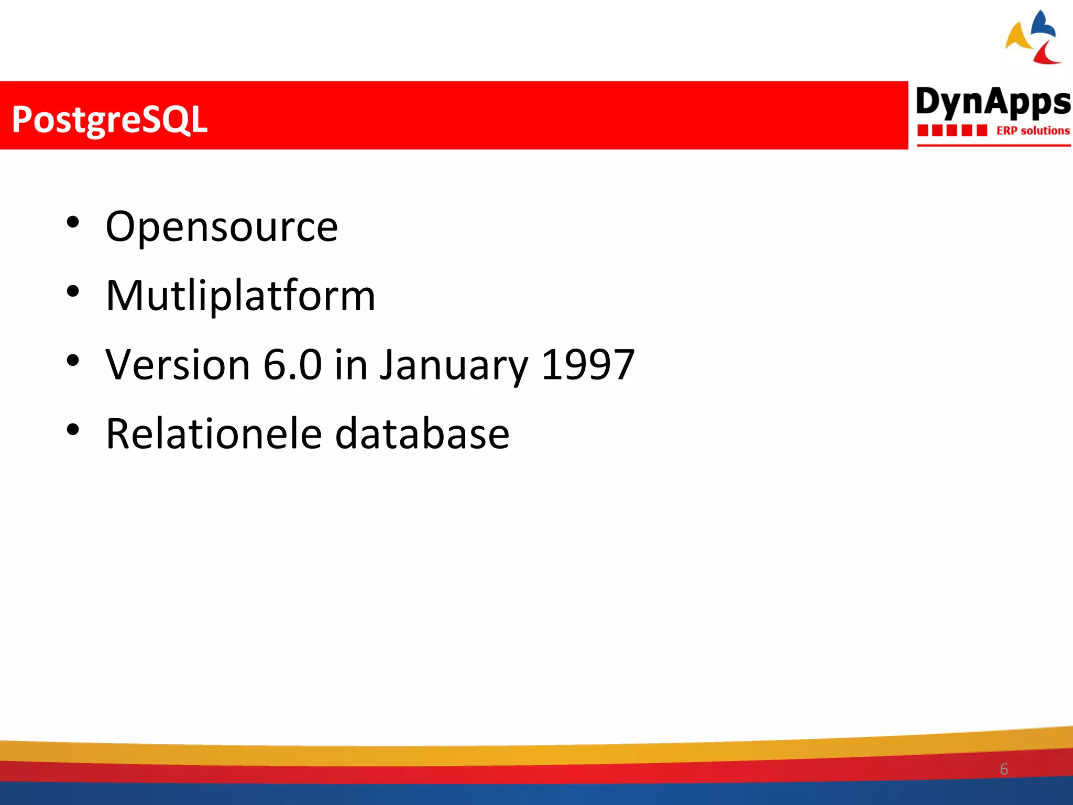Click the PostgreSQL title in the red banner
click(x=110, y=119)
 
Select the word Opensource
click(x=222, y=227)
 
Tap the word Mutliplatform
click(x=240, y=296)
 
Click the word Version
click(x=178, y=365)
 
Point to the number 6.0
click(x=292, y=365)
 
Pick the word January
click(x=454, y=366)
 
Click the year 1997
click(x=587, y=365)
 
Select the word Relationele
click(x=214, y=434)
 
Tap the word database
click(x=422, y=434)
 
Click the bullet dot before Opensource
click(x=73, y=222)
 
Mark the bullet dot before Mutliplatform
click(x=73, y=291)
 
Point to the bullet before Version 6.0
click(x=73, y=361)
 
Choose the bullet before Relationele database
click(x=73, y=430)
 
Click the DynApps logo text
click(x=993, y=102)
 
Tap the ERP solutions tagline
click(x=1033, y=130)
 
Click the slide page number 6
click(x=1004, y=769)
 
